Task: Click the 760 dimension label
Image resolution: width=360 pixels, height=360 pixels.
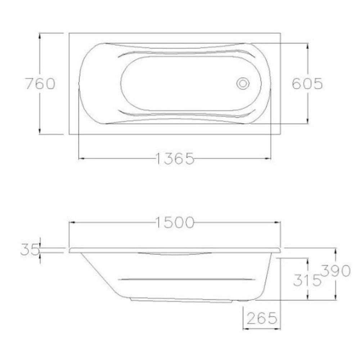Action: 40,84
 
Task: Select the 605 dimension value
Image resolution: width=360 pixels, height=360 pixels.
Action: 307,84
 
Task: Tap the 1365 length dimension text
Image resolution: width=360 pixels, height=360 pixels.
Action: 175,159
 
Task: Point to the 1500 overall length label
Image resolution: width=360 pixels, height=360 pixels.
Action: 175,222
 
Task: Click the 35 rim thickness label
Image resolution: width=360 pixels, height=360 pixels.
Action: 30,249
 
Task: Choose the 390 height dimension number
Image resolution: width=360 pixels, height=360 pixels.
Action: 336,271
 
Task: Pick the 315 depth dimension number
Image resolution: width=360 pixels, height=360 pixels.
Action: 307,280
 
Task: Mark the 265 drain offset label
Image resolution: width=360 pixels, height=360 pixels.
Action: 262,318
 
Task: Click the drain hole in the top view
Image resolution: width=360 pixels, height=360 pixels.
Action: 243,84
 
